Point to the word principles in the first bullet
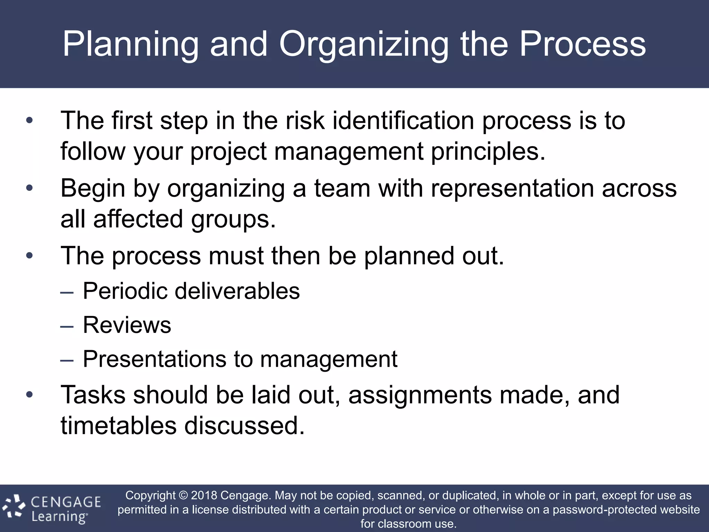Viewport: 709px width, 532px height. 488,152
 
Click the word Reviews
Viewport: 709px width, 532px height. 127,325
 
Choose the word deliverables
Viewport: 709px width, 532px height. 237,291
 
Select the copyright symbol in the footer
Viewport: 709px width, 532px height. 183,496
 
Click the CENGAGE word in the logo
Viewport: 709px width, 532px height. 66,502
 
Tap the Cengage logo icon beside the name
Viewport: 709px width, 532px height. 14,507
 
